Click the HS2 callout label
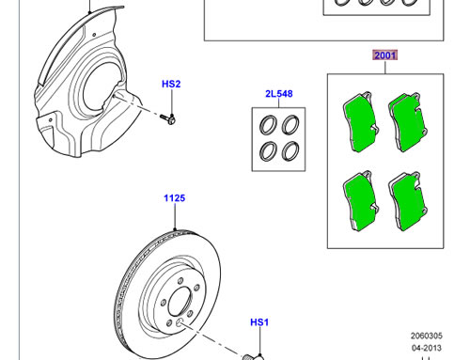coord(171,84)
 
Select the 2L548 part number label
coord(279,94)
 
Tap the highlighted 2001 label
coord(385,55)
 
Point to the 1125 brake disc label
coord(175,198)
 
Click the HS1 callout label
coord(259,322)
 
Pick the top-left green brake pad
coord(361,122)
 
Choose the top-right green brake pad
coord(408,122)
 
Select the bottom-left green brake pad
coord(361,201)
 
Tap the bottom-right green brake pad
coord(408,201)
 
